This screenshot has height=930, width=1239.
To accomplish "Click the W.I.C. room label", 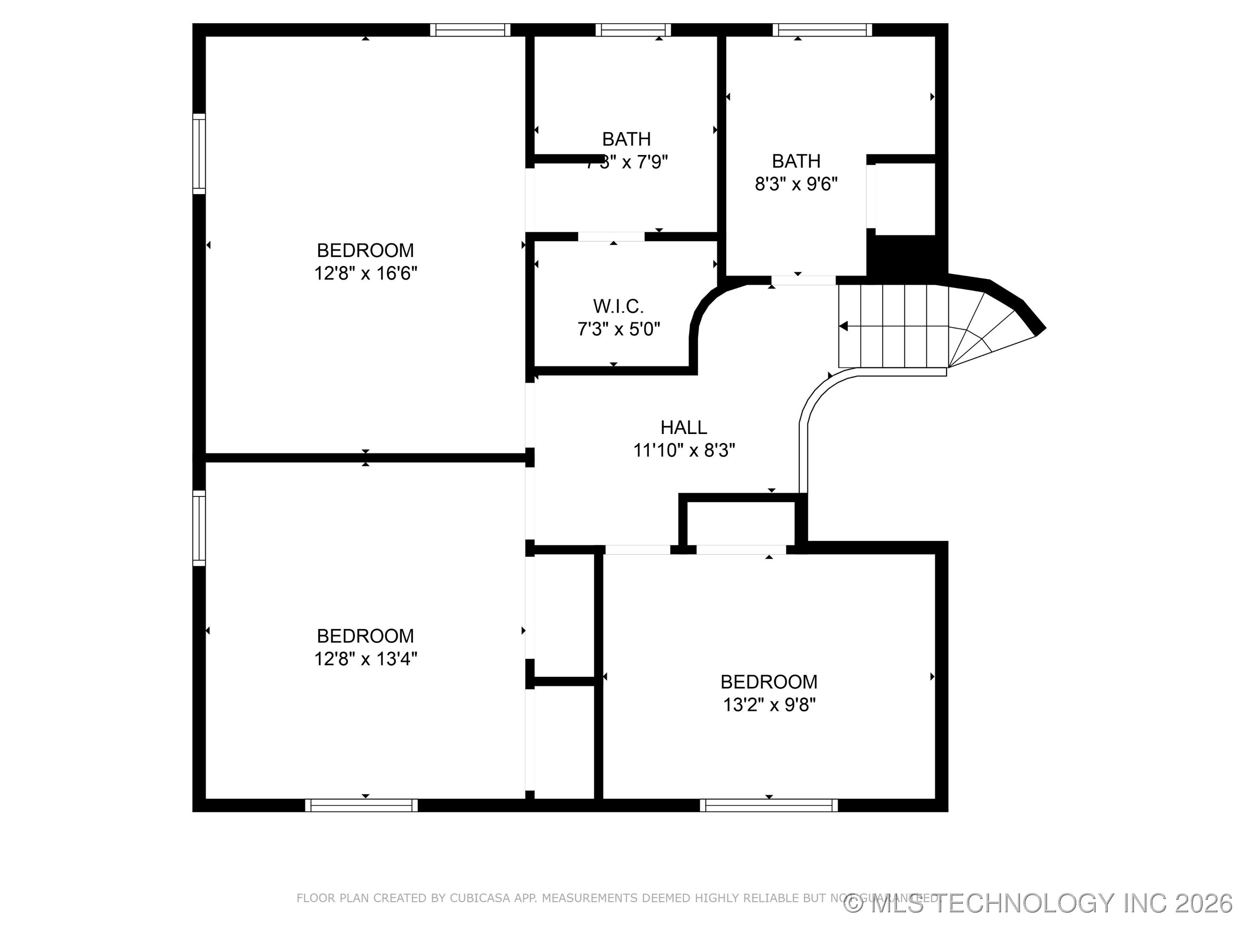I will pyautogui.click(x=618, y=306).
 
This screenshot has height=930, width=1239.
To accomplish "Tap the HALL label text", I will pyautogui.click(x=683, y=427).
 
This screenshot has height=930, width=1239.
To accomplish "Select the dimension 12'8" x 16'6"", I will pyautogui.click(x=365, y=273).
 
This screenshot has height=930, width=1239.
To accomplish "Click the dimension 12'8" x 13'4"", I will pyautogui.click(x=365, y=659).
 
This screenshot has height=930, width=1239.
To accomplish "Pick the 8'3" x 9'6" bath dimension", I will pyautogui.click(x=796, y=184).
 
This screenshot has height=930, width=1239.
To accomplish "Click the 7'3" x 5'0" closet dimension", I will pyautogui.click(x=618, y=329).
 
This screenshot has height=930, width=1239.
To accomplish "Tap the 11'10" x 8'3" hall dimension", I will pyautogui.click(x=683, y=450).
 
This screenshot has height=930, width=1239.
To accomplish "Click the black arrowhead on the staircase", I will pyautogui.click(x=843, y=326).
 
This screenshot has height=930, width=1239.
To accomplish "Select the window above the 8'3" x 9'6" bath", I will pyautogui.click(x=822, y=30).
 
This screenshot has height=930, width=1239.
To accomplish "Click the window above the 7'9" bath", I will pyautogui.click(x=633, y=30).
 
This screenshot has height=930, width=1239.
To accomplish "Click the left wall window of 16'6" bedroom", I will pyautogui.click(x=199, y=154).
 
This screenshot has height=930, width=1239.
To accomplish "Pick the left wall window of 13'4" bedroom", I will pyautogui.click(x=199, y=528).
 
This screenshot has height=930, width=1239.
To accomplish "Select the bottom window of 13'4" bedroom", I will pyautogui.click(x=361, y=806).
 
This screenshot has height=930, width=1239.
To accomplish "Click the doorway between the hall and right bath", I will pyautogui.click(x=803, y=280).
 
